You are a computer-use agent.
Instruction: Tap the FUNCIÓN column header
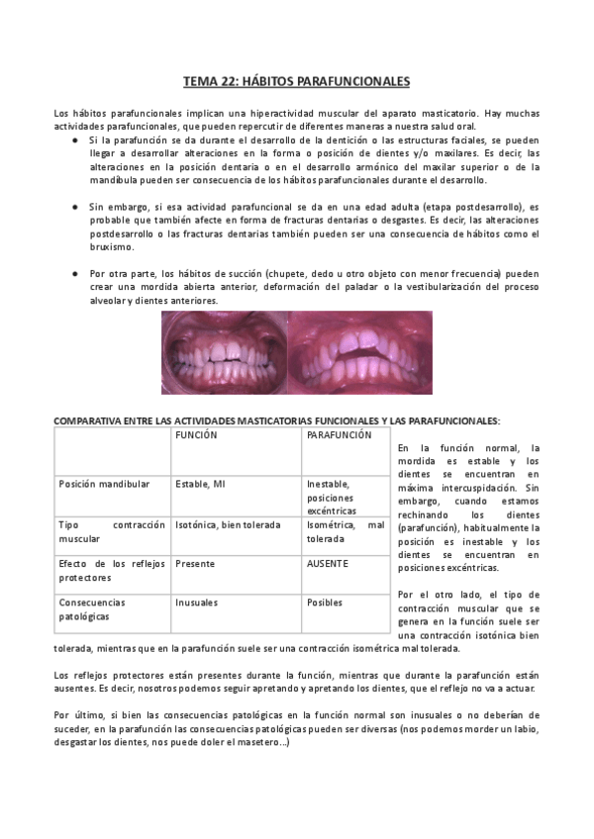(x=197, y=435)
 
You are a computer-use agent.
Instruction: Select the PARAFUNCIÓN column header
(x=340, y=435)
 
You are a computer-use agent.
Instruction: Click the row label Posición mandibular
(x=105, y=484)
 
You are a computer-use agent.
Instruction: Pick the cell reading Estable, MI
(x=200, y=484)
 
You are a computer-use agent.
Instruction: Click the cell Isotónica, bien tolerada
(x=228, y=524)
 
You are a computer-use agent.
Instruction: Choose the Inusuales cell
(x=197, y=602)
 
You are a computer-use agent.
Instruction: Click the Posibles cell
(x=325, y=602)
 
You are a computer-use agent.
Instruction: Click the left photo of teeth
(x=225, y=352)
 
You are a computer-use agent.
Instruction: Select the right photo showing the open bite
(x=360, y=352)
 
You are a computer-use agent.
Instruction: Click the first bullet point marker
(x=76, y=141)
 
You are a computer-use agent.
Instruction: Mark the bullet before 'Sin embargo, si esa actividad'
(x=76, y=207)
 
